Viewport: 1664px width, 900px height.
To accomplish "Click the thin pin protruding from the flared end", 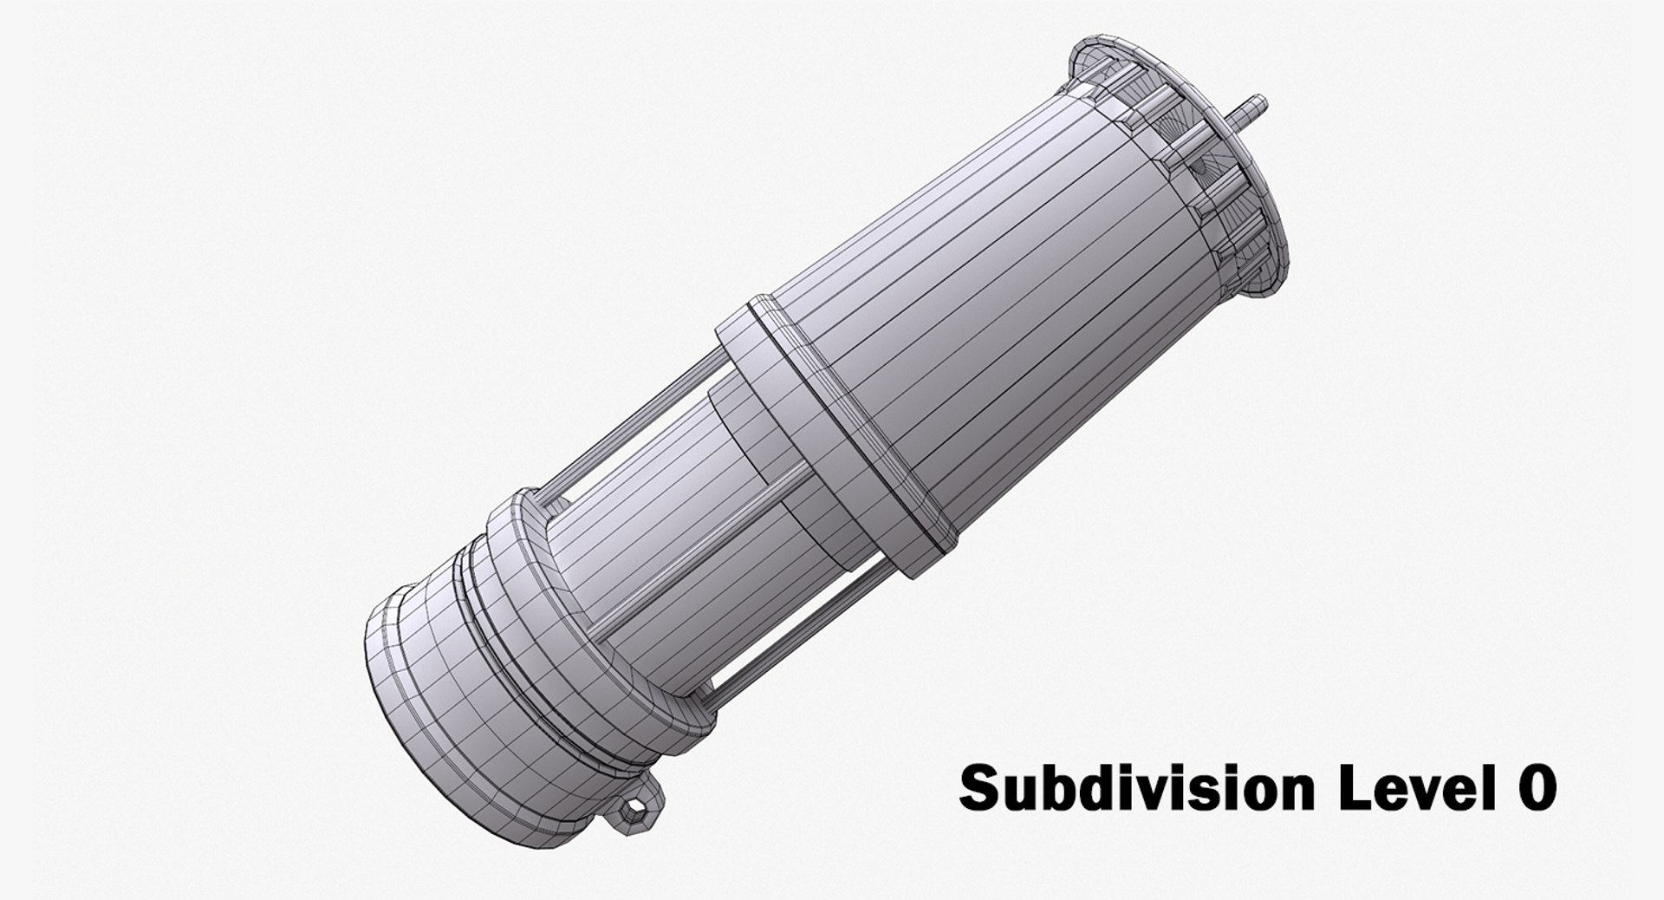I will click(x=1252, y=110).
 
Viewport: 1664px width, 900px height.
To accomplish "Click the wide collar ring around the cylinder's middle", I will click(x=832, y=434).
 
